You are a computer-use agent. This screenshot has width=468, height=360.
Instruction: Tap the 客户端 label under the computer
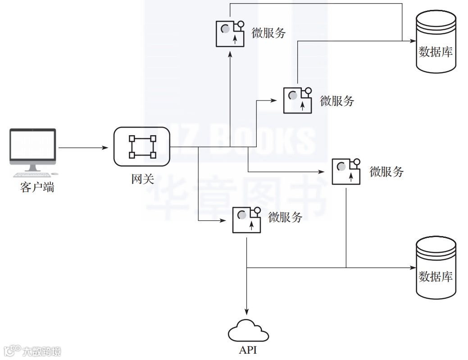pyautogui.click(x=37, y=187)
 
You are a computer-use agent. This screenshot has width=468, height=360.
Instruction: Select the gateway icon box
pyautogui.click(x=142, y=146)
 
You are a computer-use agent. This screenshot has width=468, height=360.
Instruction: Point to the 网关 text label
pyautogui.click(x=142, y=179)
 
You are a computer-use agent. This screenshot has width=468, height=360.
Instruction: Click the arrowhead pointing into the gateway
pyautogui.click(x=106, y=147)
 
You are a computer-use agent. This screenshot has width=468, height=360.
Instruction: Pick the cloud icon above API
pyautogui.click(x=248, y=331)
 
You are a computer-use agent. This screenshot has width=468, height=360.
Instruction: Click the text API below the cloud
pyautogui.click(x=248, y=350)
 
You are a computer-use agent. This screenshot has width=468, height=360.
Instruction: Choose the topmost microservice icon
pyautogui.click(x=230, y=33)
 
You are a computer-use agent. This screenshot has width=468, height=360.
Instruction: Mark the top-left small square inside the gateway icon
pyautogui.click(x=132, y=138)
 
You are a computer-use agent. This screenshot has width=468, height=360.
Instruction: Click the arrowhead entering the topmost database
pyautogui.click(x=412, y=41)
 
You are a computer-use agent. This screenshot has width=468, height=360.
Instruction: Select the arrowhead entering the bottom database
pyautogui.click(x=412, y=268)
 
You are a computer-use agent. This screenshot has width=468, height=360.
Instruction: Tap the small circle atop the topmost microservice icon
pyautogui.click(x=241, y=24)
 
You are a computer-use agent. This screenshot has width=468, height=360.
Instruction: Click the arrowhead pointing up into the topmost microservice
pyautogui.click(x=230, y=53)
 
